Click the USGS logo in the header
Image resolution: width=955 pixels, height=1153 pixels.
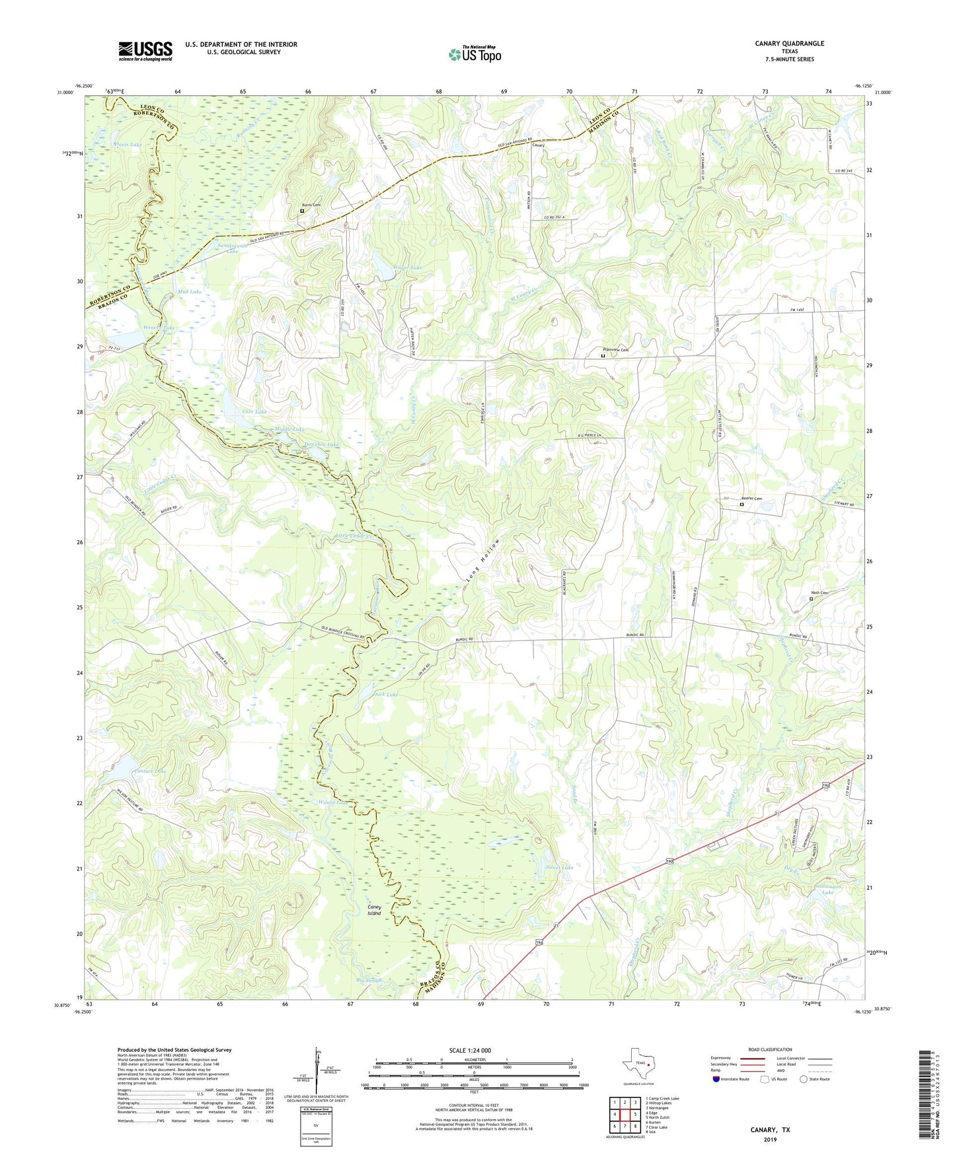click(x=145, y=51)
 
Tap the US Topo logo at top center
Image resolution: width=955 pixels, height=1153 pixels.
click(x=475, y=54)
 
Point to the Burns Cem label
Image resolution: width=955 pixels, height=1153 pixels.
click(x=311, y=205)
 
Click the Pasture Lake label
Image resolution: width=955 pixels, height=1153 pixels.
click(x=150, y=771)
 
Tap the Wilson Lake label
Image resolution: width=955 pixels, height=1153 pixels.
click(x=332, y=802)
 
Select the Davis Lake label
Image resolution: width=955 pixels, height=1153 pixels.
click(x=128, y=144)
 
